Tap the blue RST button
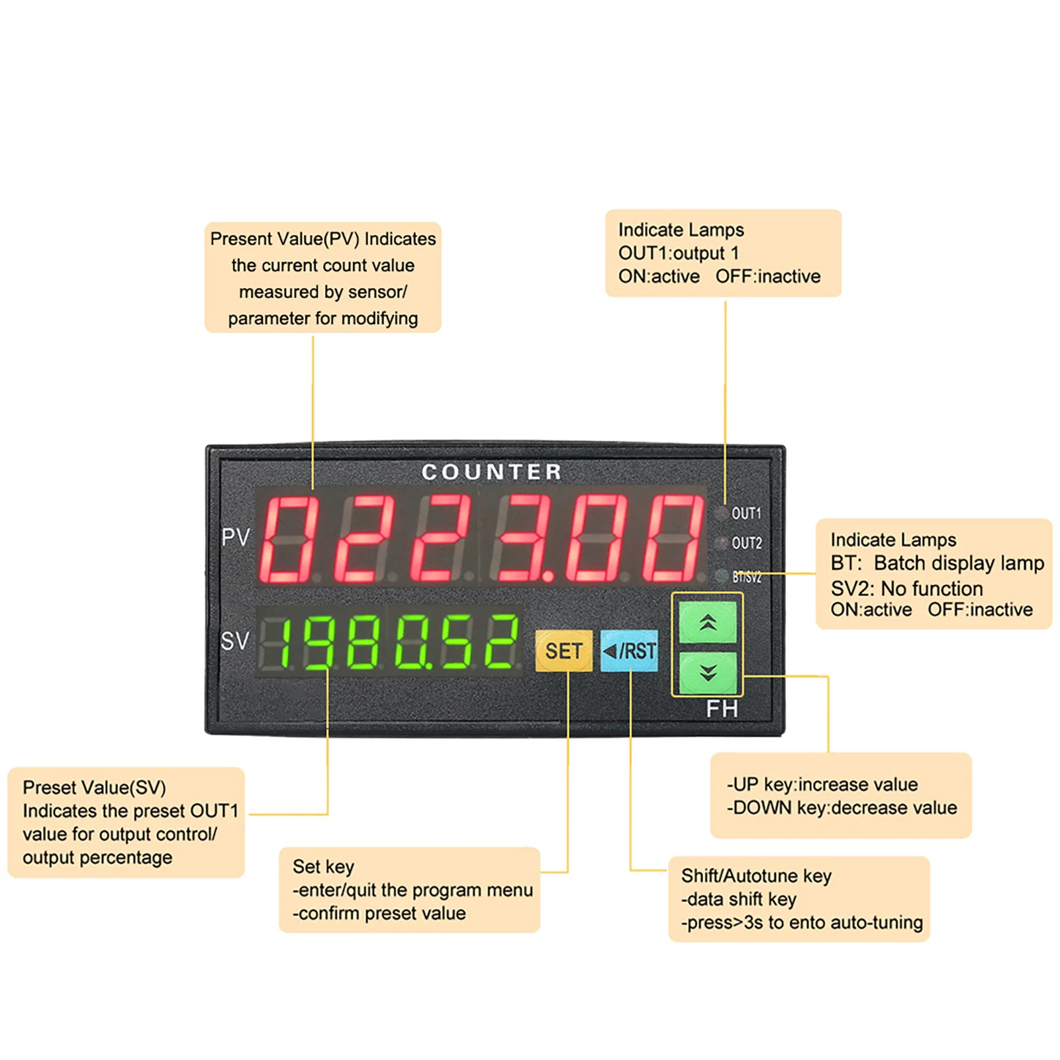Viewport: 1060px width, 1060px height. click(629, 651)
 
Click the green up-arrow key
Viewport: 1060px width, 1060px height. click(708, 622)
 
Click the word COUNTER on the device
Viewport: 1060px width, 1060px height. click(491, 472)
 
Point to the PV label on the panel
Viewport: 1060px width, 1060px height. click(236, 537)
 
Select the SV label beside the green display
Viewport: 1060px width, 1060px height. click(235, 641)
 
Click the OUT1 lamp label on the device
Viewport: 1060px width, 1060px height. click(746, 513)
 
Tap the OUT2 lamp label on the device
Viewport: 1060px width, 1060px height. click(746, 543)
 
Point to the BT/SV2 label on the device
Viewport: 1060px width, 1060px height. click(746, 577)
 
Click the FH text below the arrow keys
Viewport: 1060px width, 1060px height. click(722, 709)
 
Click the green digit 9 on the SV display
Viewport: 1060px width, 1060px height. click(320, 641)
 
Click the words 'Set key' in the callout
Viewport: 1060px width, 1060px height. click(323, 867)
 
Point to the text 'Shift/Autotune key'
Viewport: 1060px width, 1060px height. click(756, 876)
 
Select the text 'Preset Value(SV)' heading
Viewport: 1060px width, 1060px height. click(94, 787)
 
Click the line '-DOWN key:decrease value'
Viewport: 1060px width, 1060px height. click(842, 808)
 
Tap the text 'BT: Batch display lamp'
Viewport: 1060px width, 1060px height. click(937, 563)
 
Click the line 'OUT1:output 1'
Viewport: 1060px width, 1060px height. click(678, 253)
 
